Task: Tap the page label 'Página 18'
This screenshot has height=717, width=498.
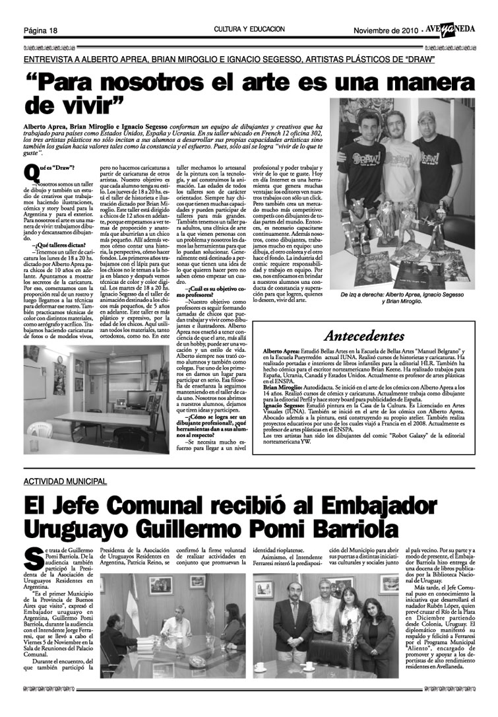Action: [x=41, y=30]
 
